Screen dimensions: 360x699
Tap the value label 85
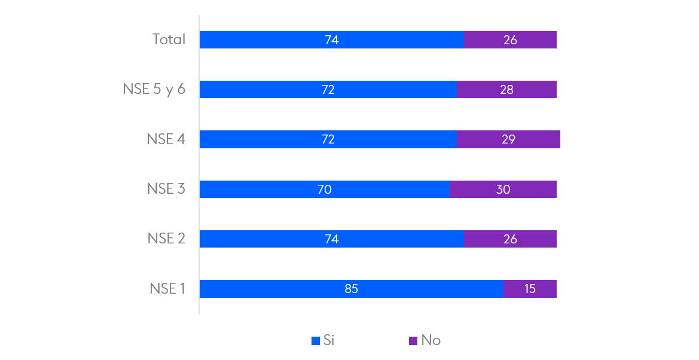click(x=351, y=289)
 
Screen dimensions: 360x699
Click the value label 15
click(x=530, y=289)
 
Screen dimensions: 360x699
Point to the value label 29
click(x=508, y=139)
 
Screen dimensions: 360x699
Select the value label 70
click(x=324, y=190)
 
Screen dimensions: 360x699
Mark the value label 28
click(x=506, y=90)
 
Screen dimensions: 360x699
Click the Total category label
click(x=169, y=40)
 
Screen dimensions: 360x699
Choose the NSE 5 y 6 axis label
click(x=154, y=90)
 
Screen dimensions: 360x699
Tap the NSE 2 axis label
click(x=166, y=239)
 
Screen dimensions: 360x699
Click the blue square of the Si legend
click(x=316, y=341)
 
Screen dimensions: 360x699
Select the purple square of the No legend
click(x=413, y=341)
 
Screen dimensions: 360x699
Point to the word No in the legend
click(x=431, y=340)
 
